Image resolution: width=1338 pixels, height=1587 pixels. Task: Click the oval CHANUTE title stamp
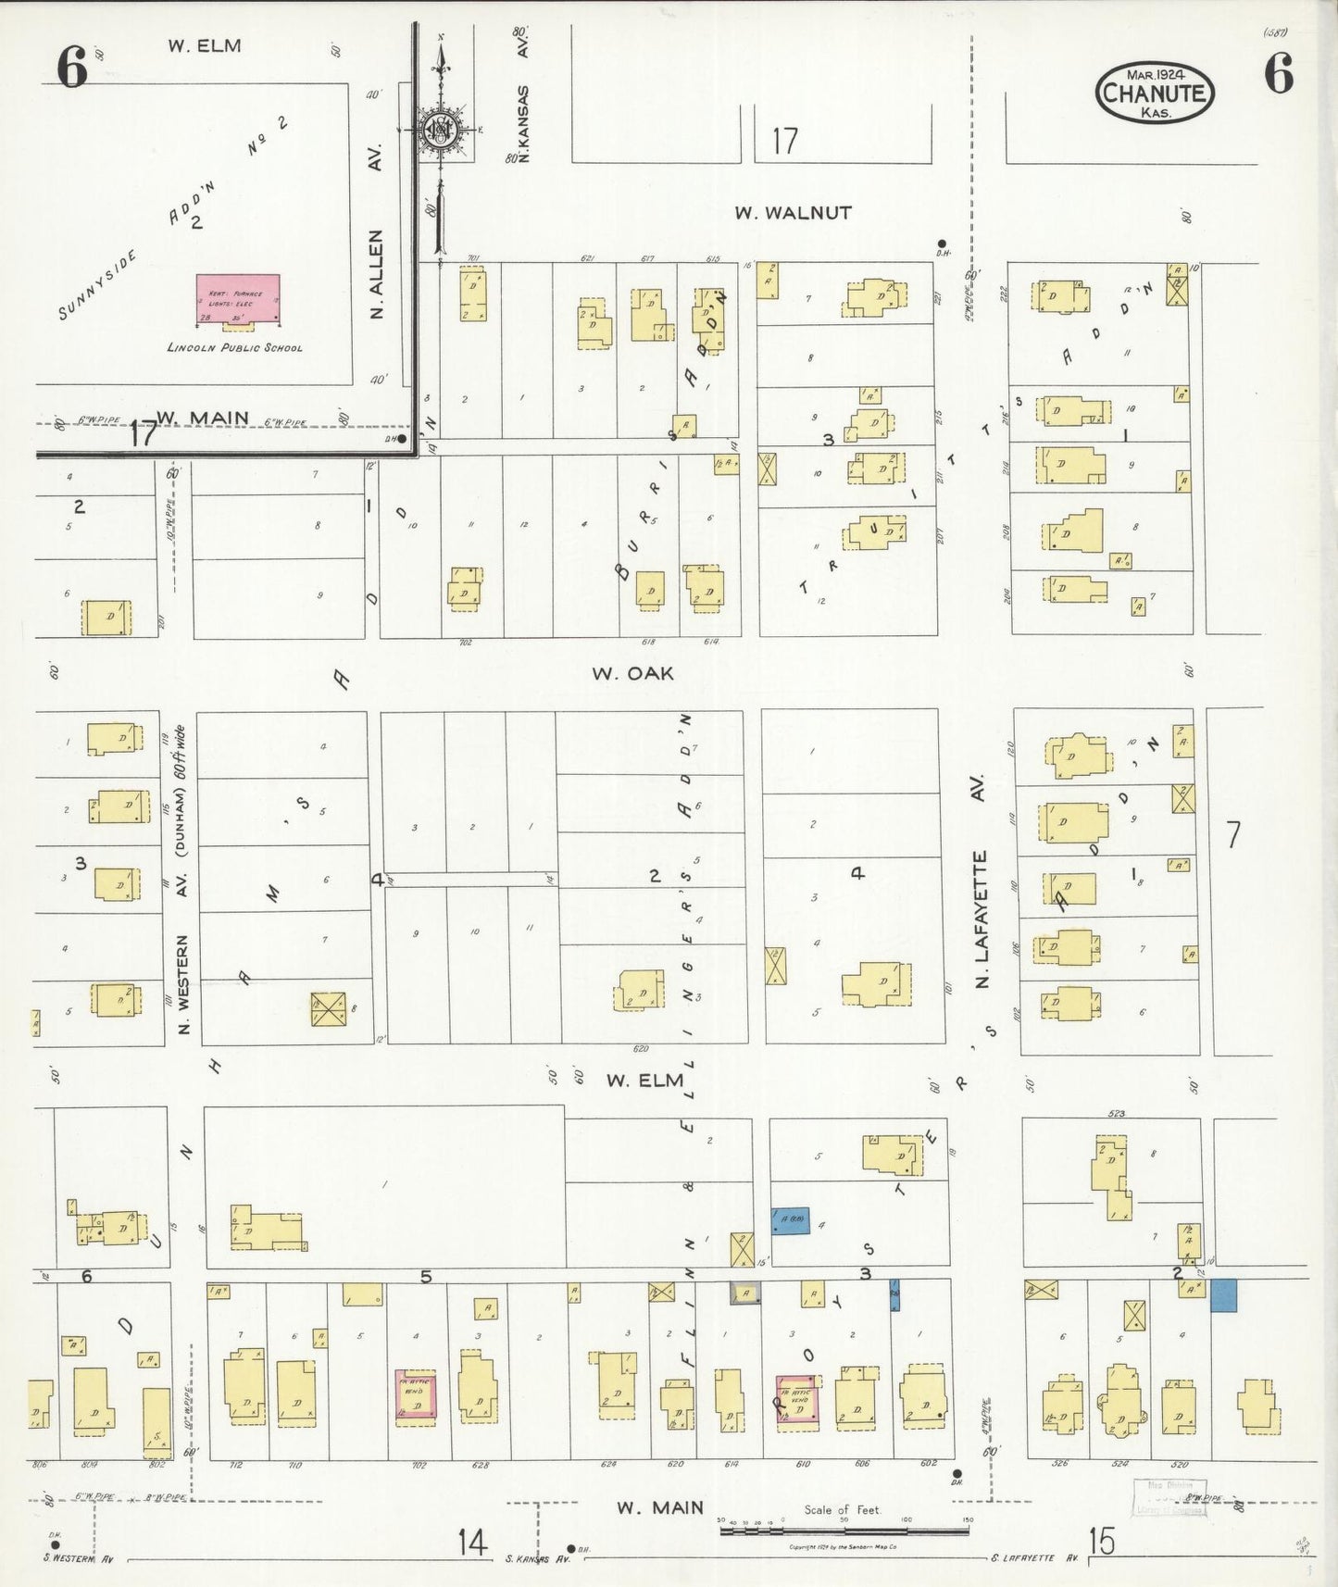pos(1155,93)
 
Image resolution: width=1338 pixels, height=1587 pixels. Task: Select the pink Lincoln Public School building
pos(238,298)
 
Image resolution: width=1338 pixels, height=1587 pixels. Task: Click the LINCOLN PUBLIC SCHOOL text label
pos(234,348)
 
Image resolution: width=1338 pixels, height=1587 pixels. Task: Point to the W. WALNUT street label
pos(793,213)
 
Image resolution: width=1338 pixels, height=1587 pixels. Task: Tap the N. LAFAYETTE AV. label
pos(982,880)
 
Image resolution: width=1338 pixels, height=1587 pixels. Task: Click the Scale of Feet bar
pos(844,1532)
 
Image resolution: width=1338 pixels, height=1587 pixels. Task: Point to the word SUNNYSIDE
pos(96,285)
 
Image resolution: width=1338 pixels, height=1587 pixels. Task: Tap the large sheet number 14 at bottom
pos(471,1543)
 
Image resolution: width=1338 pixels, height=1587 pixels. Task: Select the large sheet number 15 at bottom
pos(1102,1542)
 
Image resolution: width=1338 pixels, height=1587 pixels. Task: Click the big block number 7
pos(1232,835)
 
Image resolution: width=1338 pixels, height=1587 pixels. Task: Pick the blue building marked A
pos(791,1220)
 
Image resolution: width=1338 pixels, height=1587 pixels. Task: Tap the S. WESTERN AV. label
pos(78,1558)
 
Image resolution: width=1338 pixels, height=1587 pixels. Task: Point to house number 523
pos(1117,1113)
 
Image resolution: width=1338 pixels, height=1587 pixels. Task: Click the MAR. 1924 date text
pos(1156,73)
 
